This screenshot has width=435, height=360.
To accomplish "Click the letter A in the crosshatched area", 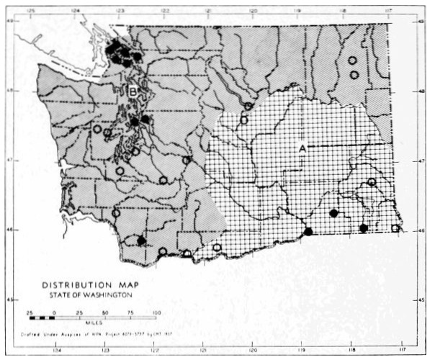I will click(x=303, y=147).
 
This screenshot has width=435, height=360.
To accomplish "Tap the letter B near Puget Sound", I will click(x=133, y=91).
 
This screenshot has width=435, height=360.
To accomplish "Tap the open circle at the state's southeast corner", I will click(x=395, y=228).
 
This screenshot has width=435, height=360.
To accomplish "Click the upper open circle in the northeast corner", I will click(x=352, y=60).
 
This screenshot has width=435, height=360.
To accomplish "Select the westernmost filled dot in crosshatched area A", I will click(x=308, y=232).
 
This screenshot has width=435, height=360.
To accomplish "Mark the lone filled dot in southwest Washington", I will click(x=141, y=240).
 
